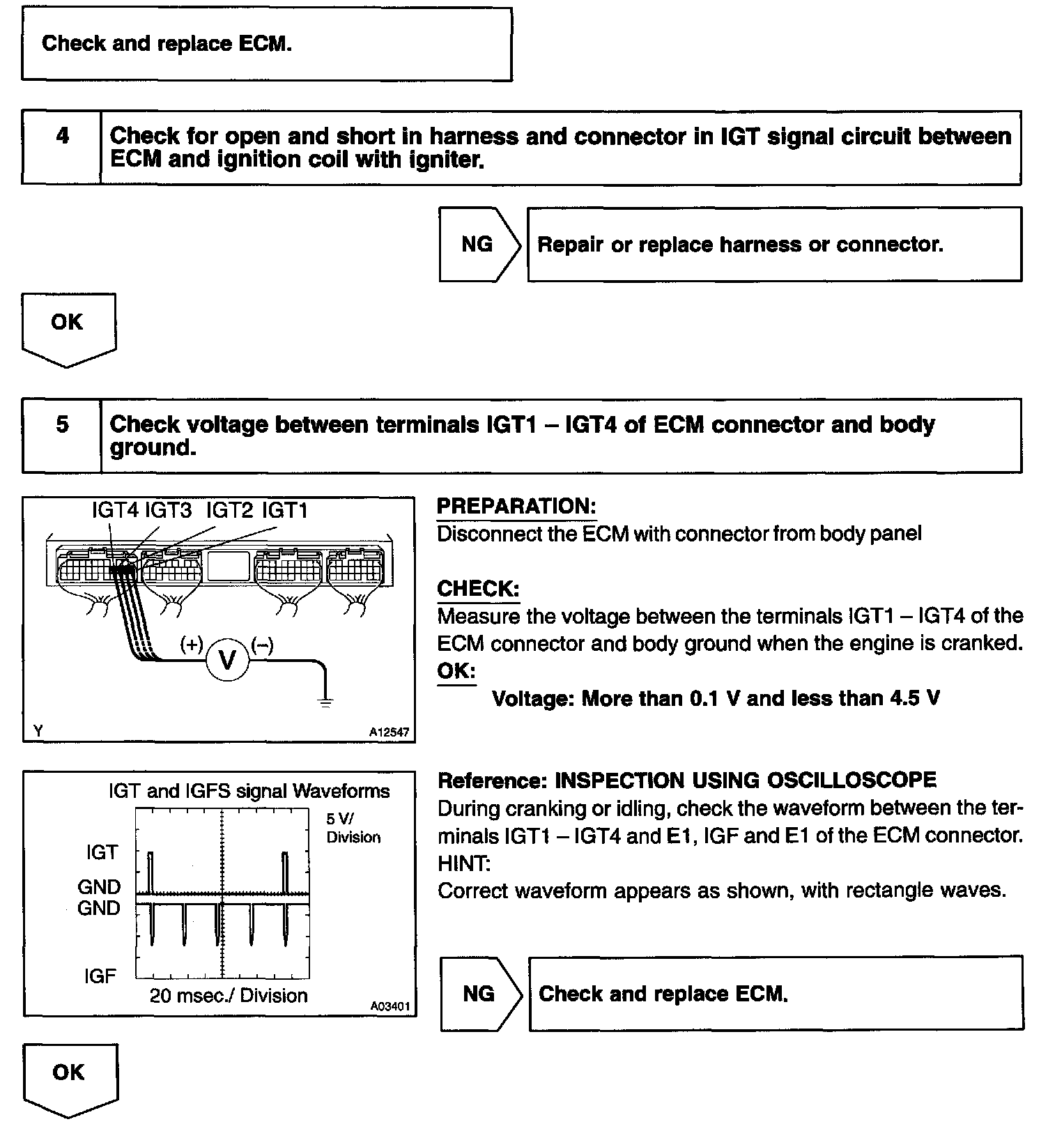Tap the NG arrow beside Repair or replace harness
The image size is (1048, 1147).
478,245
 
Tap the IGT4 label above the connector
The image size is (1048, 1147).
116,511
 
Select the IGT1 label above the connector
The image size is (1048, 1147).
285,511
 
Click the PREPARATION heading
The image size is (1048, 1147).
516,507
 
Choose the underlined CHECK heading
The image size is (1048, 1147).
478,589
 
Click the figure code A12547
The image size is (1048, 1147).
389,732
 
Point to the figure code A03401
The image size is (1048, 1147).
390,1006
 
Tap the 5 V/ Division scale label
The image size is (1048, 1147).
353,828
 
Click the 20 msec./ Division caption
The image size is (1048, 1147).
229,995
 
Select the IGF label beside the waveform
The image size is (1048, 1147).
100,976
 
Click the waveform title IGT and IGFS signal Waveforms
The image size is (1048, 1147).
249,791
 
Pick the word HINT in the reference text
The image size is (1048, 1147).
463,864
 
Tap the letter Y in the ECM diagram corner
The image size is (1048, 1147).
38,731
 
